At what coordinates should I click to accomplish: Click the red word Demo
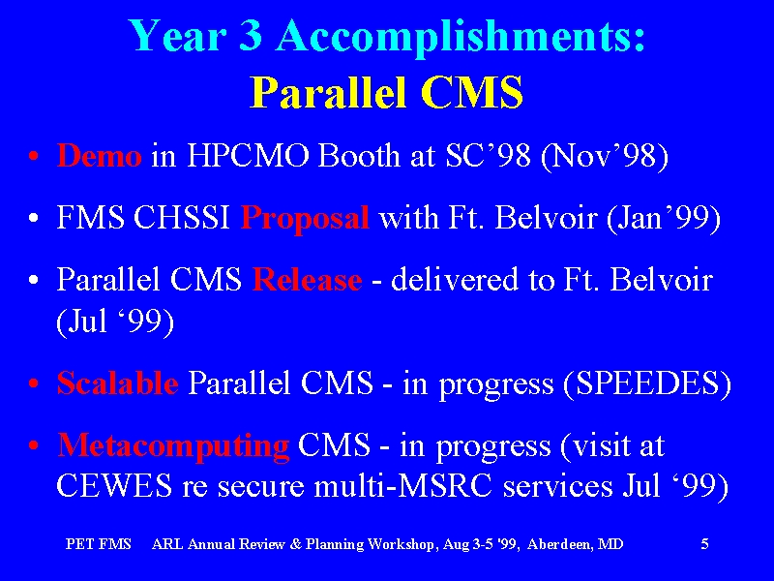coord(100,156)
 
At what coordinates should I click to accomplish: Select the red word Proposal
coord(305,218)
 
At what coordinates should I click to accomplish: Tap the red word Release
coord(307,280)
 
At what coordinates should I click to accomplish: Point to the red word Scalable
coord(117,382)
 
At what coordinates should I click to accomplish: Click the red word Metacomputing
coord(173,446)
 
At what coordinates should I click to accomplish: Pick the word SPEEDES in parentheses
coord(646,383)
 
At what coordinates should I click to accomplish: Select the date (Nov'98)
coord(605,157)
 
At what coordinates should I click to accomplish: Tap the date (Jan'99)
coord(664,219)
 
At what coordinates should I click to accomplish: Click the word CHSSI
coord(182,218)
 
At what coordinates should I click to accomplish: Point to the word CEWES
coord(114,486)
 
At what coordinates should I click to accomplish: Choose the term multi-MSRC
coord(403,486)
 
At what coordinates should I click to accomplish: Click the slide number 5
coord(705,544)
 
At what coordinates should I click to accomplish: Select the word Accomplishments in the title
coord(461,37)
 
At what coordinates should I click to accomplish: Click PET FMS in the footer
coord(99,544)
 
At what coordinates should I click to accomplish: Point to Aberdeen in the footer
coord(558,544)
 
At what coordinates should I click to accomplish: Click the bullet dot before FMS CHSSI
coord(34,218)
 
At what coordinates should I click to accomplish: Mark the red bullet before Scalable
coord(34,383)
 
